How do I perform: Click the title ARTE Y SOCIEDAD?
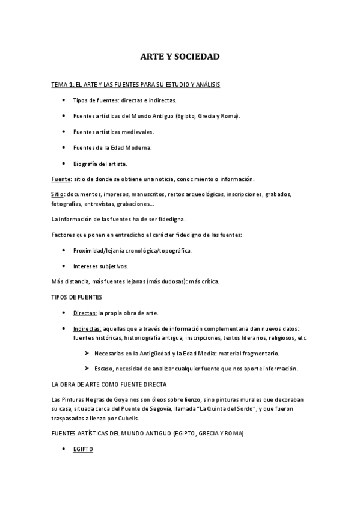[180, 57]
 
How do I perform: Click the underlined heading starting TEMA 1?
[135, 85]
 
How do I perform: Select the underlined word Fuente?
[61, 179]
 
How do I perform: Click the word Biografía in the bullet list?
[85, 163]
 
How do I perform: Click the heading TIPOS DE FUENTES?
[76, 296]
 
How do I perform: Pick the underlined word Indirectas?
[87, 329]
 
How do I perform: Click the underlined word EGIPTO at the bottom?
[83, 449]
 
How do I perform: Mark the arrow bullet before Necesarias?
[87, 353]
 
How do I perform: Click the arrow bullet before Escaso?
[87, 368]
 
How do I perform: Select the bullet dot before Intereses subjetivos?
[64, 265]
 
